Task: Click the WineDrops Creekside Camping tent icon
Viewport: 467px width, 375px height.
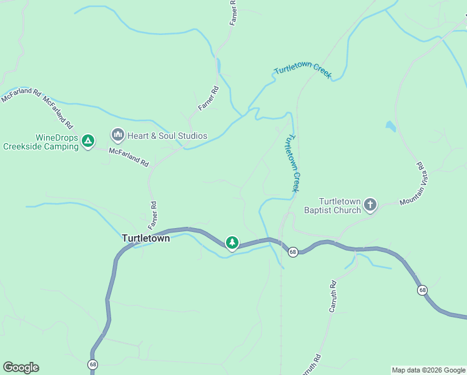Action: pos(88,141)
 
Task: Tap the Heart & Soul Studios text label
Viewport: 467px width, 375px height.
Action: pos(167,136)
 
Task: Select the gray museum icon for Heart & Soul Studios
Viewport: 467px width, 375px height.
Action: pos(117,134)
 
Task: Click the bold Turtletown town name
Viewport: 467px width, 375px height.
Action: pos(145,238)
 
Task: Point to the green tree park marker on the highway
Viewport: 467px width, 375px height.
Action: pos(232,242)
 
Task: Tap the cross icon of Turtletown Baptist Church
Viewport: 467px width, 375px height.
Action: pos(370,204)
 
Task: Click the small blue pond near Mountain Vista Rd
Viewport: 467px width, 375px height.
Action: pos(391,126)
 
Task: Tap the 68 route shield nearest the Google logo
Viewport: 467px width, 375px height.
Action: pos(93,364)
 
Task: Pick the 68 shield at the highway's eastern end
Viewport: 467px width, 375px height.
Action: pos(423,290)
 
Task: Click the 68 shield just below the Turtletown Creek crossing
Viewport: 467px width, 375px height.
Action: pos(292,252)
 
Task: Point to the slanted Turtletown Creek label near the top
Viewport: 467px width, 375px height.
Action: pos(302,72)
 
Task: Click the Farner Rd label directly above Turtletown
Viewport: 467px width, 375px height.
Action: pos(153,214)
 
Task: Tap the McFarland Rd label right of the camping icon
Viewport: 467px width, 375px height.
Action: pos(129,157)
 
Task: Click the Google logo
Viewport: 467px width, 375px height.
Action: pos(21,367)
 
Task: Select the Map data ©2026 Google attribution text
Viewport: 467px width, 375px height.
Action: pos(428,370)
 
